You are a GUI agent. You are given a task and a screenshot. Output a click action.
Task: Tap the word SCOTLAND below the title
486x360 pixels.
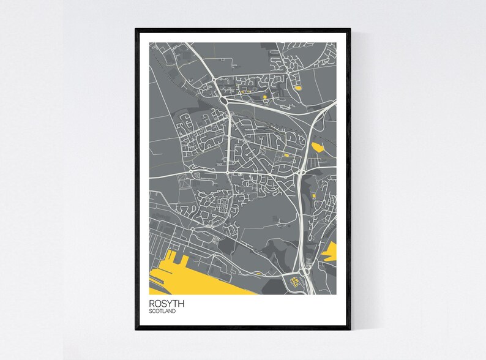[x=162, y=312]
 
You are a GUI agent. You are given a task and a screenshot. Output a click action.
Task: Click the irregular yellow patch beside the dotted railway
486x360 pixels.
[x=318, y=147]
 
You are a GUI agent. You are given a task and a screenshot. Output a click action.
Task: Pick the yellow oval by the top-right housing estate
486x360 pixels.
[x=297, y=89]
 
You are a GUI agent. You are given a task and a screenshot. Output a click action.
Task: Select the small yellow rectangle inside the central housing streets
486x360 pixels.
[x=286, y=156]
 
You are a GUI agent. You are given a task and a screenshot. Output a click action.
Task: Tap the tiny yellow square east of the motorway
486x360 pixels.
[x=314, y=195]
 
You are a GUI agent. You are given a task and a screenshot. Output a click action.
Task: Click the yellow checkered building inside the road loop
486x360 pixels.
[x=297, y=282]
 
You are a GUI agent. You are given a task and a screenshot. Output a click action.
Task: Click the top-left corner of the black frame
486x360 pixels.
[x=136, y=29]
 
